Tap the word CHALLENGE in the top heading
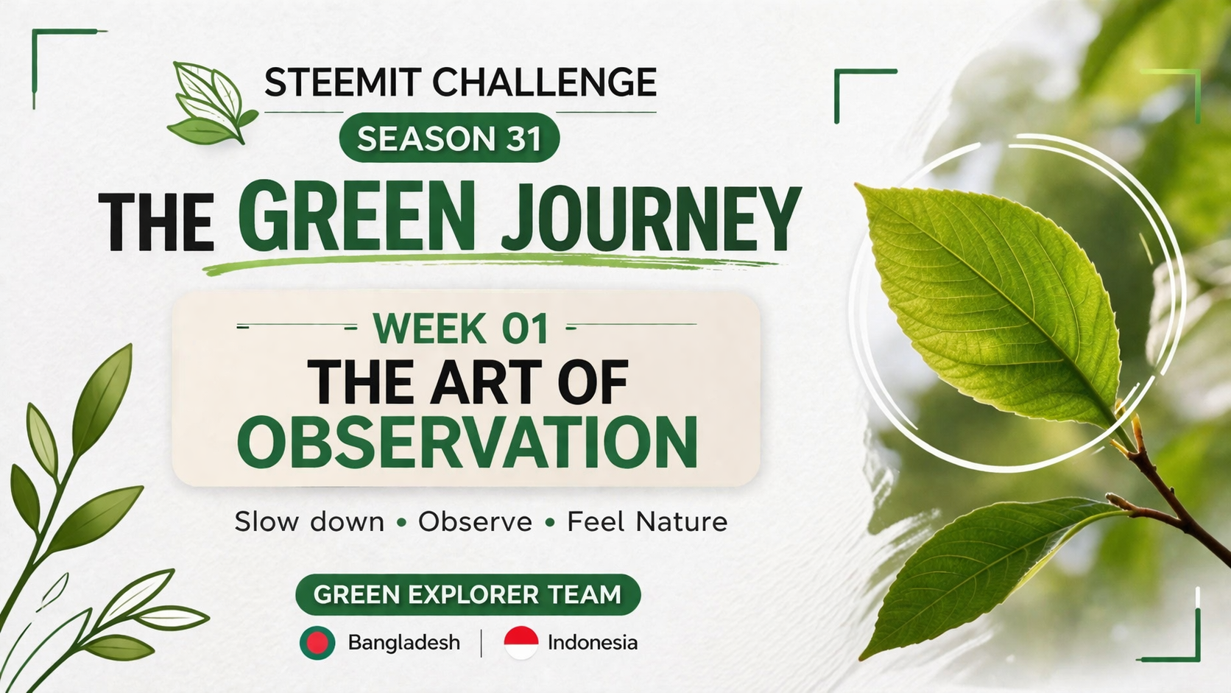coord(545,82)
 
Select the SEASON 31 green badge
coord(450,138)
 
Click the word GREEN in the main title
coord(356,216)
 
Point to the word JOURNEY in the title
coord(652,218)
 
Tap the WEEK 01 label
coord(461,328)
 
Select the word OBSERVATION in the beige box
coord(468,443)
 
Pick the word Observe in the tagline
coord(476,521)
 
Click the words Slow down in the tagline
coord(309,521)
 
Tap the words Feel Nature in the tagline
coord(647,521)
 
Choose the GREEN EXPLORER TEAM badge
coord(468,594)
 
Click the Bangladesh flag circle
coord(317,642)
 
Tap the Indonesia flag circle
coord(521,642)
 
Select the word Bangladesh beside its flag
coord(404,642)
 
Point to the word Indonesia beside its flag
coord(593,642)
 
